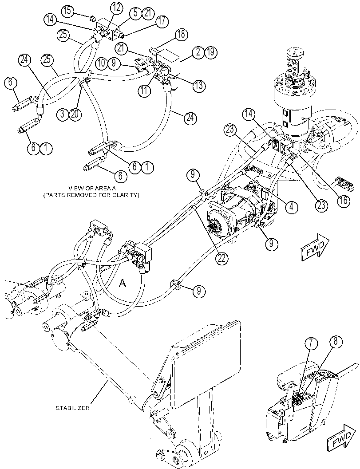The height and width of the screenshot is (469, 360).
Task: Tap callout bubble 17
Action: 161,22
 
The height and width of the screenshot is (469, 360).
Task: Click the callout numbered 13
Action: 199,86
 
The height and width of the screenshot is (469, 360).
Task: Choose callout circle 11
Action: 145,91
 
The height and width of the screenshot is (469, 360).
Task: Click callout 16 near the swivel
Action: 343,201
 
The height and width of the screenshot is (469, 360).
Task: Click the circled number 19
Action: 210,53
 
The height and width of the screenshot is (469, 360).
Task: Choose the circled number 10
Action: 102,63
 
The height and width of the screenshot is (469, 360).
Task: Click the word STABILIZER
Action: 73,408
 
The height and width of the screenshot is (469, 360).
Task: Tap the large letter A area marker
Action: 122,283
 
